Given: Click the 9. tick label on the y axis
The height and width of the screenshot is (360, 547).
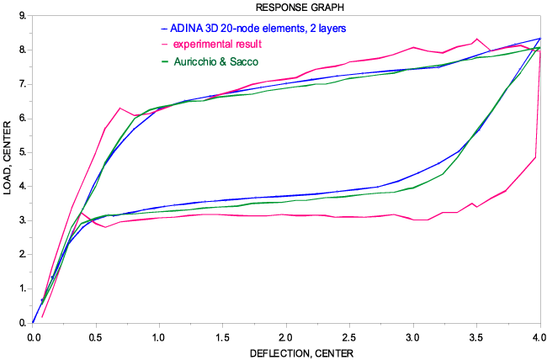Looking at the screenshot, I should click(x=21, y=16).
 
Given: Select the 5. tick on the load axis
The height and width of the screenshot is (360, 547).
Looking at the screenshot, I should click(x=21, y=152).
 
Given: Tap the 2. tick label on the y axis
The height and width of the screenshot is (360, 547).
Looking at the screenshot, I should click(x=21, y=255).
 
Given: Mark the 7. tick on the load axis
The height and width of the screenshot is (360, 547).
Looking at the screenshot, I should click(x=21, y=84).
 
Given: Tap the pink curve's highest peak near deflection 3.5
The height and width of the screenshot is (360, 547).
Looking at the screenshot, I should click(x=477, y=39).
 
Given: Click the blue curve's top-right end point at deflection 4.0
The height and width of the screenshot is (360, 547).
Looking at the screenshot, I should click(x=539, y=38).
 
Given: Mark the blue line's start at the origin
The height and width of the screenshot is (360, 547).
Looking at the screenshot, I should click(x=33, y=322).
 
